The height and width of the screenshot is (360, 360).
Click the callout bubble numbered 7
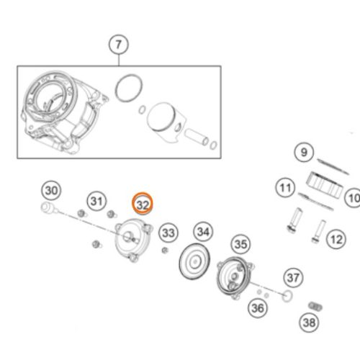(x=119, y=45)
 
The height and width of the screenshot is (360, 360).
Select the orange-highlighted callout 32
(x=143, y=204)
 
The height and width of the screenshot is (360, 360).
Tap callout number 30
(x=51, y=190)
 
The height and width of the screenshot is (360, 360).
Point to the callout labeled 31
(x=96, y=201)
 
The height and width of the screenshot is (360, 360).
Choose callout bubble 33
(x=168, y=233)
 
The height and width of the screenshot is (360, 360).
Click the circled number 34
(x=203, y=232)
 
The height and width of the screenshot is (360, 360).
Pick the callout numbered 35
(x=240, y=244)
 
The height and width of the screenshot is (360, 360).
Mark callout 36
(x=258, y=308)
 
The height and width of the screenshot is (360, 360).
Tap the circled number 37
(x=293, y=278)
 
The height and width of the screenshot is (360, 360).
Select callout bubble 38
(x=309, y=323)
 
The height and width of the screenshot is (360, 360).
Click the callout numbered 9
(x=304, y=152)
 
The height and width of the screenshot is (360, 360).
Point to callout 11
(x=285, y=188)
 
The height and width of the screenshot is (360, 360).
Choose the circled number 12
(x=336, y=239)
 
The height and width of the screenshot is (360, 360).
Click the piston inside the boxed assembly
(x=166, y=121)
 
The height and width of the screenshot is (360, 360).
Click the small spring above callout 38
(x=315, y=307)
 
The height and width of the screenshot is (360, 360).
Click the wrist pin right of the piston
(x=197, y=137)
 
